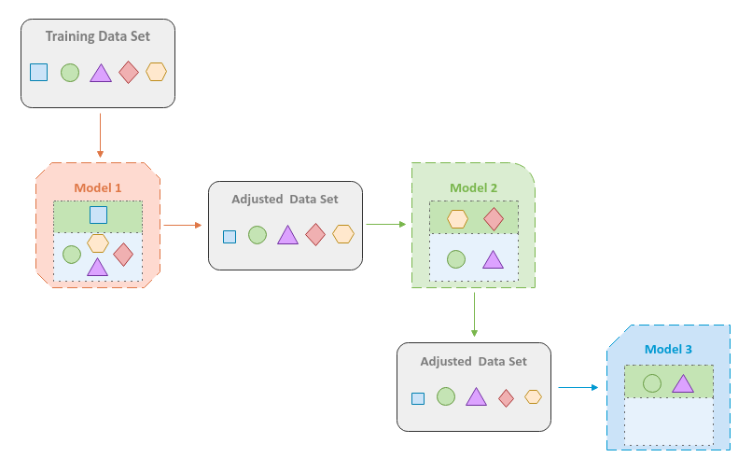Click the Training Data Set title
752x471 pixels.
98,37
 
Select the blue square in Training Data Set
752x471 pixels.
38,72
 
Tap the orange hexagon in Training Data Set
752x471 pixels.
157,72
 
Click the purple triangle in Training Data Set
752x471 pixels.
100,74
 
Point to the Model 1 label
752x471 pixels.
98,187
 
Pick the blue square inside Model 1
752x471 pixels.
98,215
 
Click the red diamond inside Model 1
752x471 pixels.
123,254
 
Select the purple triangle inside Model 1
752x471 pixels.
97,268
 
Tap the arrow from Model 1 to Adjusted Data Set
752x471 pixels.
182,225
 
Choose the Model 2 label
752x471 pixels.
474,187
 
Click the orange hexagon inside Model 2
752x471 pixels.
457,219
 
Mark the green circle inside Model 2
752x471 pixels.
456,259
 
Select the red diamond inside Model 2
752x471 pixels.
494,219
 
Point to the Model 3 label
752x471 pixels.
668,350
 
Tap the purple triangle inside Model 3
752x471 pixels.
682,383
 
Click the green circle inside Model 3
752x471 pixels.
652,382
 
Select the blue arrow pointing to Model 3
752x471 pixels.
578,387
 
